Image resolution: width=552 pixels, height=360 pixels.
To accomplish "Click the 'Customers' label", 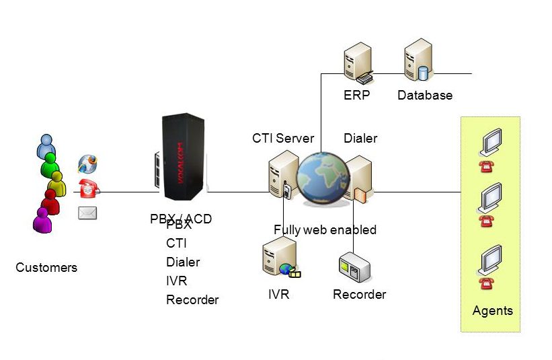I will (x=46, y=268).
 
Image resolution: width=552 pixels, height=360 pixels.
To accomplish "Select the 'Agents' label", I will (x=492, y=311).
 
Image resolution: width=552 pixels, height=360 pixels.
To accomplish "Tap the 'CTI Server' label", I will (x=283, y=139).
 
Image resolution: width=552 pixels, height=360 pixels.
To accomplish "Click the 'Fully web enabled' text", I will (x=325, y=230).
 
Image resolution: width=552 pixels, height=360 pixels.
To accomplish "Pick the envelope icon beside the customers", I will (x=88, y=213).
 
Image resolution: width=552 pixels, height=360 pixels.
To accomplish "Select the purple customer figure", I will (x=42, y=219).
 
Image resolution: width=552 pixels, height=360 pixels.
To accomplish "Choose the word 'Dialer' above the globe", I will (x=360, y=139).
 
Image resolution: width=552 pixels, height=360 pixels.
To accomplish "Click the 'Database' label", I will (x=425, y=96).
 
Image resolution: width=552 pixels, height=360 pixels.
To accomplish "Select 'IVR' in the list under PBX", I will (x=176, y=281).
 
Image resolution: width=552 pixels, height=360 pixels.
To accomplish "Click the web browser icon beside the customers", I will (x=88, y=164).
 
